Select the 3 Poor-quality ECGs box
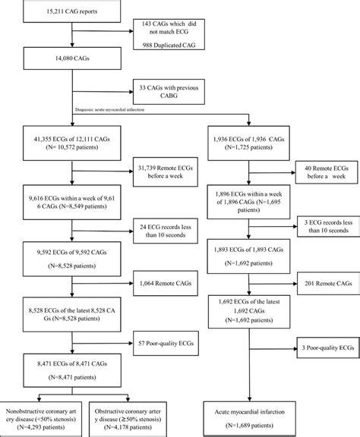320,348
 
